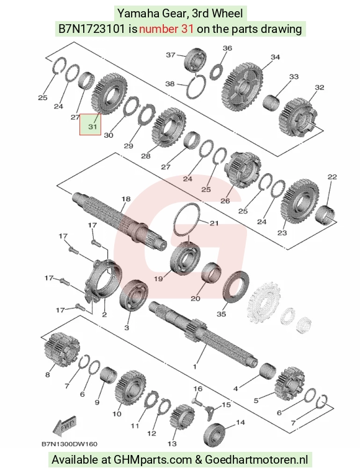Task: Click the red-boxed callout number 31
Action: (x=92, y=127)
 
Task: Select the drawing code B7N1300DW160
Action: (x=70, y=444)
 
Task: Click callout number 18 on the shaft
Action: (x=126, y=199)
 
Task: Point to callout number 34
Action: (x=275, y=57)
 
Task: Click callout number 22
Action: (x=332, y=177)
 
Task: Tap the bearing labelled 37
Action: (x=195, y=60)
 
